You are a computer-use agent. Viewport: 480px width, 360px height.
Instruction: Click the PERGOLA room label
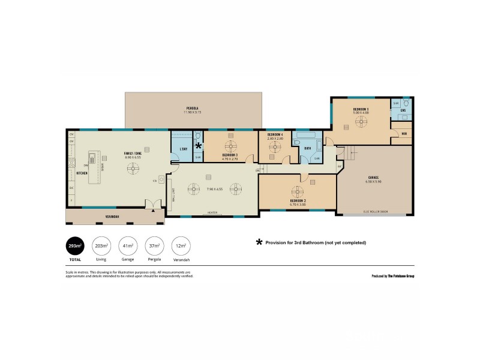pyautogui.click(x=192, y=108)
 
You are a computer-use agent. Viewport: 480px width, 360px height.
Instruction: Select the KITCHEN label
pyautogui.click(x=82, y=173)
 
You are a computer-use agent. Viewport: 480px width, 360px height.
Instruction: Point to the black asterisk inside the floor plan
pyautogui.click(x=199, y=145)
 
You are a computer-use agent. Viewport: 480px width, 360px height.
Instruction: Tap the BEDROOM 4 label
pyautogui.click(x=275, y=134)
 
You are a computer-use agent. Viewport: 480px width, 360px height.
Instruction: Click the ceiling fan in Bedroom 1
pyautogui.click(x=361, y=121)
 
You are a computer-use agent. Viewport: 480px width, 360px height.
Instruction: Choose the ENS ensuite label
pyautogui.click(x=403, y=111)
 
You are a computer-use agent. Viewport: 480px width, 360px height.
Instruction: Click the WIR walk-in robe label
pyautogui.click(x=404, y=133)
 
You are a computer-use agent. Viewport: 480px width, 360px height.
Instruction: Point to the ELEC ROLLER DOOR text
pyautogui.click(x=376, y=212)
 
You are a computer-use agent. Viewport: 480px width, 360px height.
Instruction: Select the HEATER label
pyautogui.click(x=212, y=212)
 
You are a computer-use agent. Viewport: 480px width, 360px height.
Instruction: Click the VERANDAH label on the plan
pyautogui.click(x=112, y=216)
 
